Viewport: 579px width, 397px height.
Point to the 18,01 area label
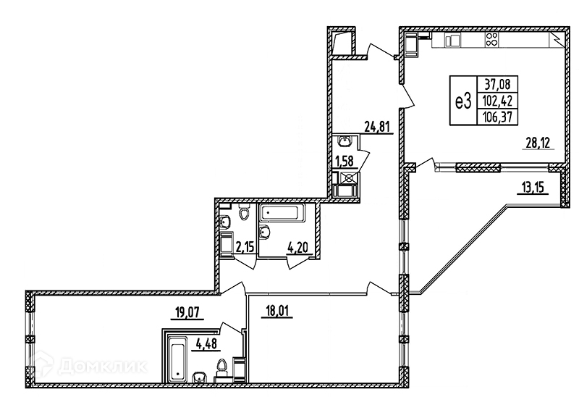pos(277,314)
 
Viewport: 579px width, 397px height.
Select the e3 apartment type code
pos(463,101)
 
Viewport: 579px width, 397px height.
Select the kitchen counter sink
pos(450,41)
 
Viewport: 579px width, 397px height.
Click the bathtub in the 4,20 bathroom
pos(284,214)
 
